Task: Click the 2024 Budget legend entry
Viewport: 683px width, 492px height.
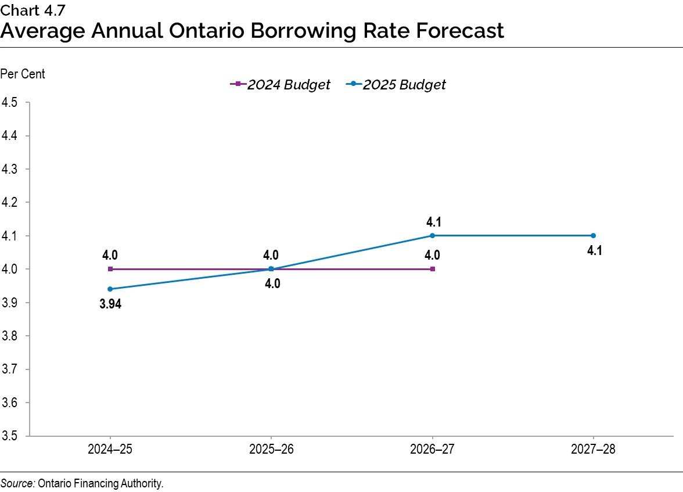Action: click(x=280, y=84)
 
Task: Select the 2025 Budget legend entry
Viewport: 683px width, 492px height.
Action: click(x=396, y=84)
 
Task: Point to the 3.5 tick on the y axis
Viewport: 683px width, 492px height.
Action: click(x=9, y=436)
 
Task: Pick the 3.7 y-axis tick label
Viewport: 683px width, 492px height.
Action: click(x=9, y=369)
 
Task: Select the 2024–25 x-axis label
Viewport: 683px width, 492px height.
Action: click(x=110, y=449)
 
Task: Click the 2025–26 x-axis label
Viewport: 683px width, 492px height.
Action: click(x=271, y=449)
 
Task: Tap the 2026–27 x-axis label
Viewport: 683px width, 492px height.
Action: click(x=432, y=449)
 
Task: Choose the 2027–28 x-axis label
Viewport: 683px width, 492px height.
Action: click(x=593, y=449)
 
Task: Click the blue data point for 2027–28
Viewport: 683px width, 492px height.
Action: click(x=593, y=235)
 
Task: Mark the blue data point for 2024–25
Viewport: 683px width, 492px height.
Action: click(x=110, y=289)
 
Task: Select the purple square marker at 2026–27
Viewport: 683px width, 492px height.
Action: click(x=432, y=269)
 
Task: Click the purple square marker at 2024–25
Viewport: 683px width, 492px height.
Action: click(x=110, y=269)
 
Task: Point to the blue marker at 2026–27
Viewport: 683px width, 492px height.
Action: click(x=432, y=235)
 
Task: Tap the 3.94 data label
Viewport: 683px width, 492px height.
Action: click(x=110, y=304)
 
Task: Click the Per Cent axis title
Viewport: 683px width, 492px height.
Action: click(x=23, y=74)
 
